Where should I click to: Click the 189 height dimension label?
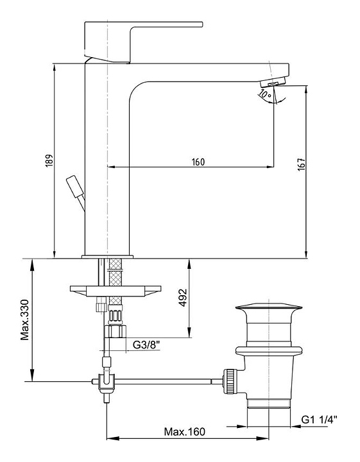click(x=49, y=161)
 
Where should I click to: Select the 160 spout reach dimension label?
click(x=198, y=162)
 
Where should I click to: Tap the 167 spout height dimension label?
click(x=302, y=165)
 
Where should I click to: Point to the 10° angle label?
click(x=264, y=94)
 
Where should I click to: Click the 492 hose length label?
click(x=183, y=298)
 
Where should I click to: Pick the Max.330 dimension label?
click(x=25, y=320)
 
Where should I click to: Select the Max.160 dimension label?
click(x=184, y=432)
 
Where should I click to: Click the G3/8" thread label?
click(x=146, y=345)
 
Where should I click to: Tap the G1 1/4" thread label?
click(x=319, y=419)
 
